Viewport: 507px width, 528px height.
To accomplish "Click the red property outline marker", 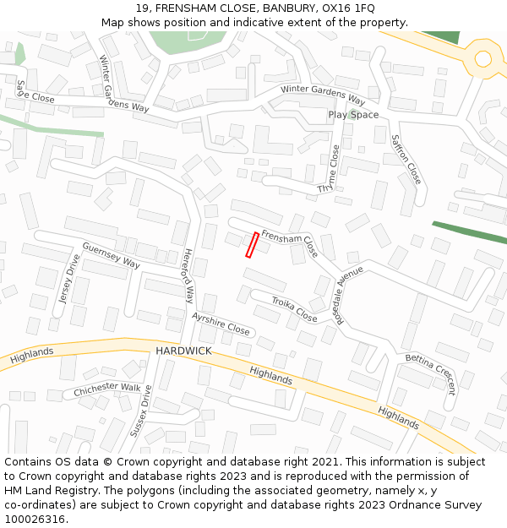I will coord(251,244).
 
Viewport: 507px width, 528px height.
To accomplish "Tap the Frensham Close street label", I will coord(289,243).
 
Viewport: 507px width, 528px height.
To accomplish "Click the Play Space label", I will coord(353,115).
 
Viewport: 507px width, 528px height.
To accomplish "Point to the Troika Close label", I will coord(294,309).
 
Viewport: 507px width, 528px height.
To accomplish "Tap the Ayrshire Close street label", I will coord(221,324).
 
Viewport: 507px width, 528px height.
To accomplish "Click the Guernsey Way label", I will coord(111,255).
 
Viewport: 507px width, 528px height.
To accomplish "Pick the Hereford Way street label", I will coord(188,275).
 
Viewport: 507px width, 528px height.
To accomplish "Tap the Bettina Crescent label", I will coord(430,374).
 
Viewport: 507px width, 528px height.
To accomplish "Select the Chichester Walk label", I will coord(107,389).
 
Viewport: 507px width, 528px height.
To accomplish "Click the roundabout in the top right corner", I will coord(483,58).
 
